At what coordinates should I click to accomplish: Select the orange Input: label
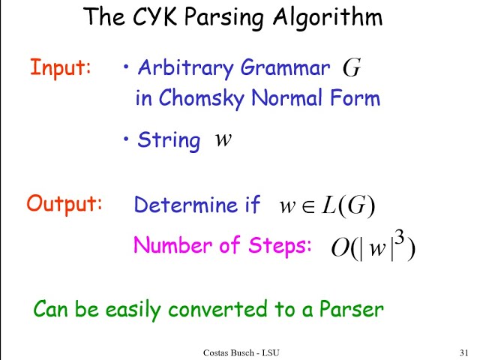pyautogui.click(x=61, y=67)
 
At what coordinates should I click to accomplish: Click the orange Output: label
pyautogui.click(x=64, y=203)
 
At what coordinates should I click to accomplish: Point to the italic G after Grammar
pyautogui.click(x=352, y=69)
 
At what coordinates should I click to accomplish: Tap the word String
pyautogui.click(x=169, y=140)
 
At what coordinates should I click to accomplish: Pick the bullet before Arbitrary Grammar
pyautogui.click(x=127, y=68)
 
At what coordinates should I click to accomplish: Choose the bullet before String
pyautogui.click(x=127, y=139)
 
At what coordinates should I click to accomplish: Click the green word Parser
pyautogui.click(x=352, y=308)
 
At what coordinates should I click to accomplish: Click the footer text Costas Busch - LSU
pyautogui.click(x=241, y=352)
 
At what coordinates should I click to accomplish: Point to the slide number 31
pyautogui.click(x=463, y=352)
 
